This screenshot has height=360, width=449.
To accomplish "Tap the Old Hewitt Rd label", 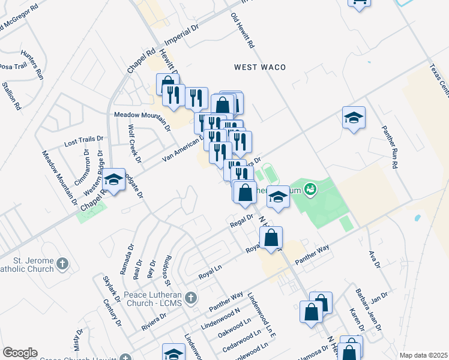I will click(x=243, y=31).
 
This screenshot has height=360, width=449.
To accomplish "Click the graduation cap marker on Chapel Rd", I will click(x=113, y=179).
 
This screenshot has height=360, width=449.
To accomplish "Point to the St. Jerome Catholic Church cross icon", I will click(x=62, y=263).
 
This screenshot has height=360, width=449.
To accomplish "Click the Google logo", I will click(x=20, y=352).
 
